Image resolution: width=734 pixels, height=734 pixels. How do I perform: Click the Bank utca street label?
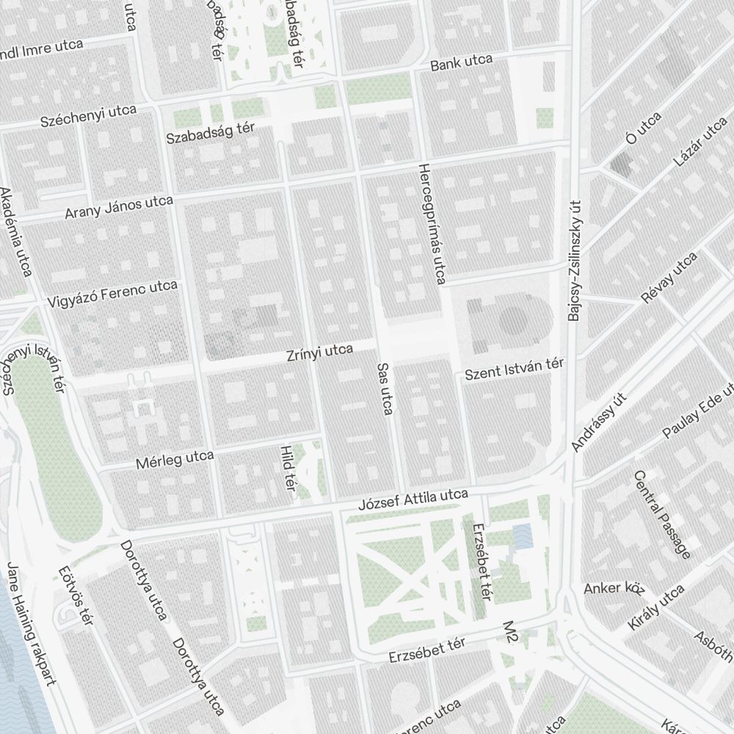point(461,62)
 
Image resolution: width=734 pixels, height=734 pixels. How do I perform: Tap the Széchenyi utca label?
point(89,115)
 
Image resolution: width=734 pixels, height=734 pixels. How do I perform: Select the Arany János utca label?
point(119,207)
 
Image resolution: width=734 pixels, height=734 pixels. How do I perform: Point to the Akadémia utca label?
point(16,232)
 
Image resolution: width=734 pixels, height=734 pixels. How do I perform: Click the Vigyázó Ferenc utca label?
point(112,293)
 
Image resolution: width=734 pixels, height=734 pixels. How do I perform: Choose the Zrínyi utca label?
point(320,353)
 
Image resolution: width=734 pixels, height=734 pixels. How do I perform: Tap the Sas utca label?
point(384,388)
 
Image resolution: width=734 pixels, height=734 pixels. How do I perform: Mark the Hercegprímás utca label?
point(431,224)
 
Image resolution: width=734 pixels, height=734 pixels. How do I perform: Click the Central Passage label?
point(661,515)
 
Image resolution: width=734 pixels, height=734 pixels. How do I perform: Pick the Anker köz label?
point(614,588)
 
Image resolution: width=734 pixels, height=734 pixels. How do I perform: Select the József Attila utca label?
point(413,501)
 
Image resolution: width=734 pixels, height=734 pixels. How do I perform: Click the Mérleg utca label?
point(175,459)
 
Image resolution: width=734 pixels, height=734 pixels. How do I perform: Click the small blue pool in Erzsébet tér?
point(522,536)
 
